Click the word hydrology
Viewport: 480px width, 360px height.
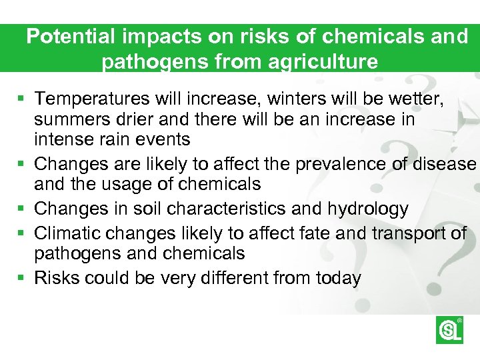[367, 209]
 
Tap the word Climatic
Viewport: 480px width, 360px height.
[69, 233]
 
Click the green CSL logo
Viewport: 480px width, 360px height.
[449, 329]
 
